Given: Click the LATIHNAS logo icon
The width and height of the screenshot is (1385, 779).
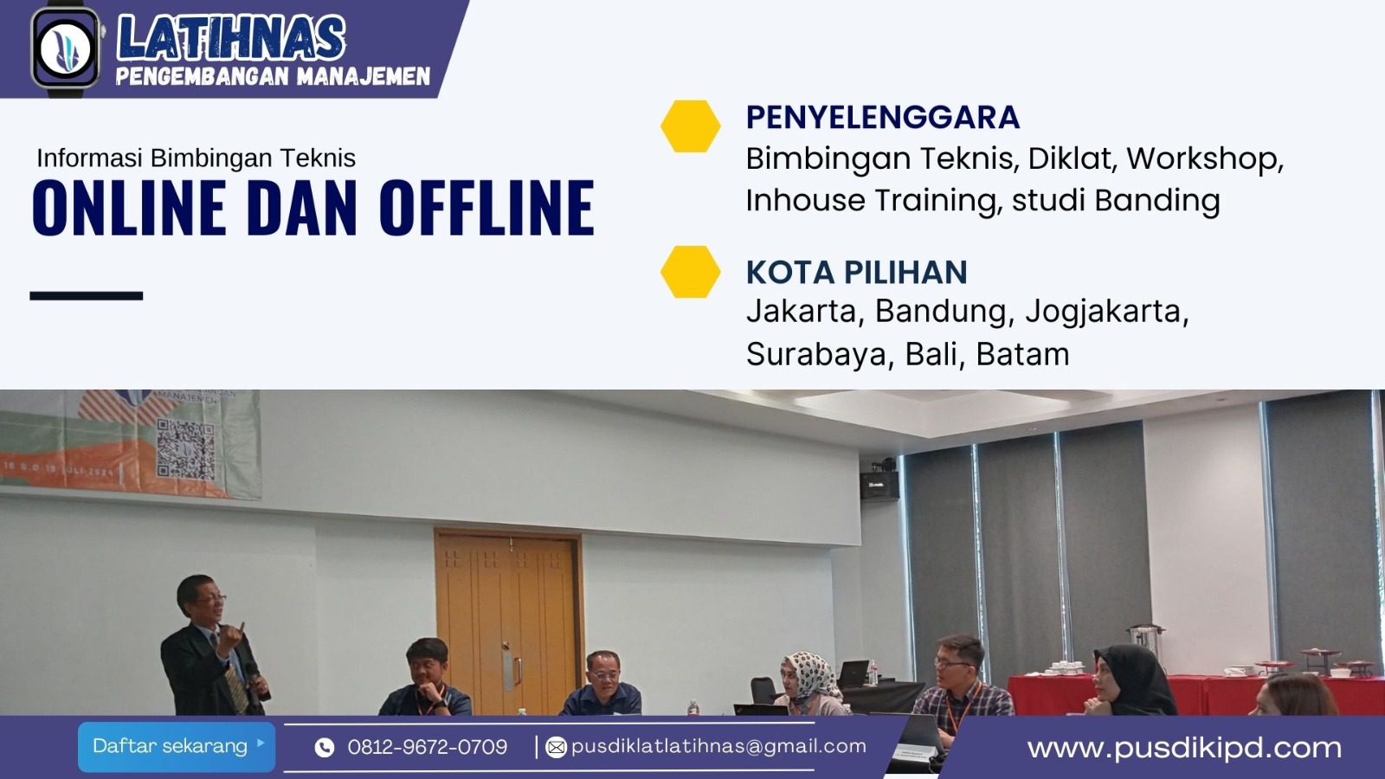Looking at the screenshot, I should pyautogui.click(x=65, y=48).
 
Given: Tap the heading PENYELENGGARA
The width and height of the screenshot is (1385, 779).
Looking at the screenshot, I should pyautogui.click(x=882, y=117).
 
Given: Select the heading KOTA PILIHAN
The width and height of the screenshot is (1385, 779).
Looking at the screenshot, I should pyautogui.click(x=856, y=272).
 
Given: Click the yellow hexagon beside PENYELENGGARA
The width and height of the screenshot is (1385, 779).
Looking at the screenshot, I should pyautogui.click(x=690, y=126).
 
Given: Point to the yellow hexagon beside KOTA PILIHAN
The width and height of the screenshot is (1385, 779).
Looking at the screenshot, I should pyautogui.click(x=690, y=272).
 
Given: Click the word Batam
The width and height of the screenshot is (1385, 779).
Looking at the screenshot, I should pyautogui.click(x=1022, y=354).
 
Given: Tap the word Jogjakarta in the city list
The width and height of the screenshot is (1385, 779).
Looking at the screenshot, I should pyautogui.click(x=1106, y=311).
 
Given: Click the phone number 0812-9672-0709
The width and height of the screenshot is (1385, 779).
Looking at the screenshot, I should pyautogui.click(x=427, y=747).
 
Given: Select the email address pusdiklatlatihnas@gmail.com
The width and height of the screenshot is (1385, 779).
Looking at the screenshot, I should pyautogui.click(x=718, y=746).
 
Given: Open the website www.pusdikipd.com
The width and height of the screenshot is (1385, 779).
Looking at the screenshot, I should pyautogui.click(x=1183, y=748).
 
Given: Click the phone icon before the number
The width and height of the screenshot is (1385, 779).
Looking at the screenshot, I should pyautogui.click(x=325, y=748).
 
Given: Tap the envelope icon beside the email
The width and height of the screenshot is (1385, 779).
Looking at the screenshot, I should pyautogui.click(x=557, y=747).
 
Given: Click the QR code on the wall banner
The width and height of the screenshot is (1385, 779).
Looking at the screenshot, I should pyautogui.click(x=185, y=449).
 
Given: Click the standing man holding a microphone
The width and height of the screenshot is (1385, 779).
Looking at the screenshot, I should pyautogui.click(x=212, y=645).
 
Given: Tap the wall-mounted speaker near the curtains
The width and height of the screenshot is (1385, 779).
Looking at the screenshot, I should pyautogui.click(x=879, y=484).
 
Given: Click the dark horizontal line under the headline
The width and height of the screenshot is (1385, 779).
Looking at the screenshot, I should pyautogui.click(x=86, y=296).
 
